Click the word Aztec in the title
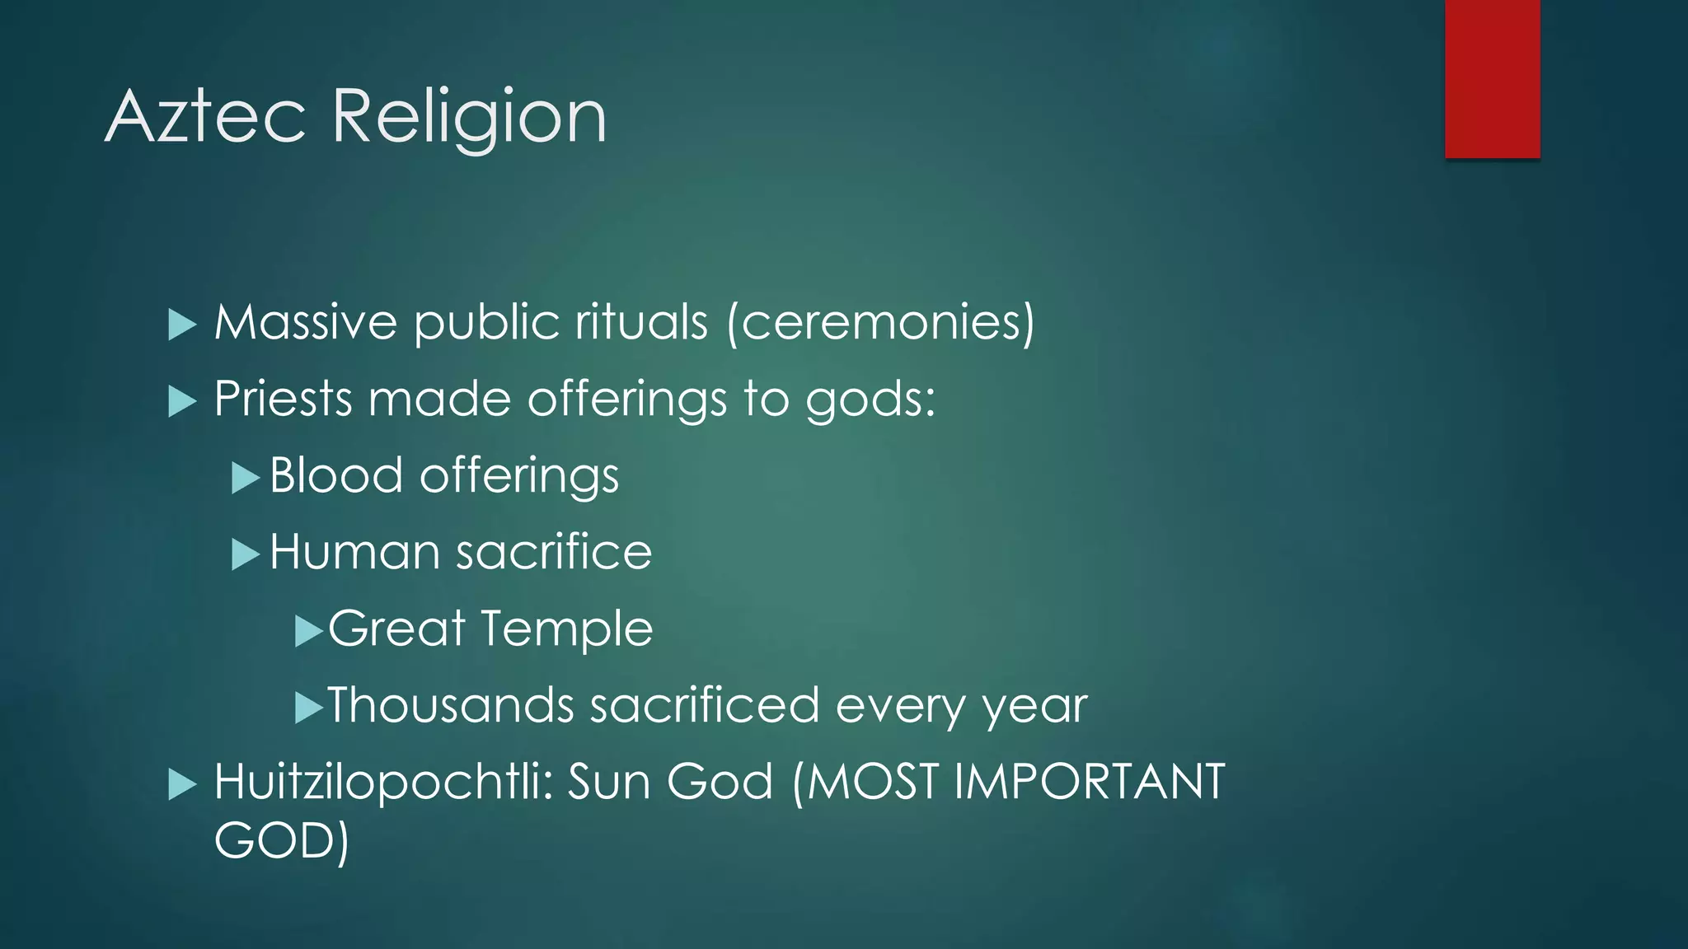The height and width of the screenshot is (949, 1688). click(206, 117)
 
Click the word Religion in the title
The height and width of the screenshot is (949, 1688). click(469, 117)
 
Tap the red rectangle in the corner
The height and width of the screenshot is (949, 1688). click(1492, 79)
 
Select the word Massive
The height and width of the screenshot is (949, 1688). click(306, 322)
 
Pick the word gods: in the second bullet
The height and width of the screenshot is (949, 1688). click(870, 400)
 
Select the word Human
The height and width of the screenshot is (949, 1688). click(354, 552)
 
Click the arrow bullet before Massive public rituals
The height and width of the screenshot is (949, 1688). click(182, 325)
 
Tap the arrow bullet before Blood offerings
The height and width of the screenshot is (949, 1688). click(246, 478)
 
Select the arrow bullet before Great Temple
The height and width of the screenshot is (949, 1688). click(308, 631)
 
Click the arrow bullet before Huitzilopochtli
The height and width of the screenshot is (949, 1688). click(182, 784)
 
